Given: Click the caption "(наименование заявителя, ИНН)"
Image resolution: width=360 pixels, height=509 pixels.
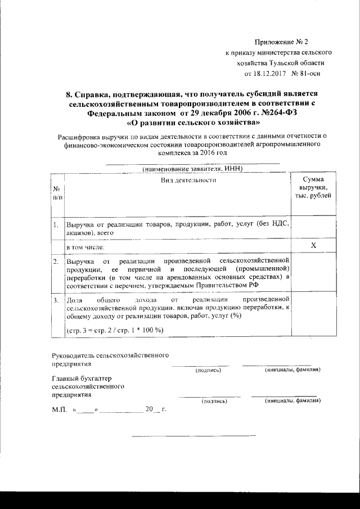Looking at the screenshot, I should pyautogui.click(x=192, y=169).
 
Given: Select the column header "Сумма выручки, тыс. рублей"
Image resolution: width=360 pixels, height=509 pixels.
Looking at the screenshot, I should pyautogui.click(x=313, y=186).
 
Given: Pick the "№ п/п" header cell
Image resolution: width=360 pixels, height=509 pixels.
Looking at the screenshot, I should pyautogui.click(x=57, y=193).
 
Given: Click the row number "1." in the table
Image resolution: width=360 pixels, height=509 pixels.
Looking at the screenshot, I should pyautogui.click(x=56, y=225).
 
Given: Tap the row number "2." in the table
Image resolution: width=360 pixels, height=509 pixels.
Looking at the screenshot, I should pyautogui.click(x=56, y=262).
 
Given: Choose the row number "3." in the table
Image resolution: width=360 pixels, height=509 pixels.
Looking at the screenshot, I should pyautogui.click(x=56, y=301).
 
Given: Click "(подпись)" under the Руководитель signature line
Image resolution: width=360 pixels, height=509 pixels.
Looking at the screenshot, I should pyautogui.click(x=208, y=371).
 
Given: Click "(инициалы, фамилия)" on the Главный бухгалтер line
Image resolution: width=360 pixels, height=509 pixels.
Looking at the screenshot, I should pyautogui.click(x=292, y=402).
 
